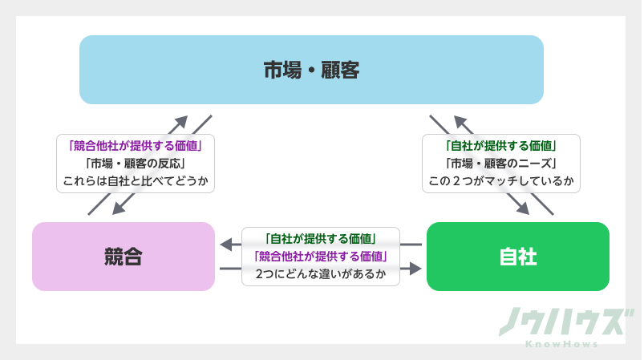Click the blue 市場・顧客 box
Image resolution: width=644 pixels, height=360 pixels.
click(311, 70)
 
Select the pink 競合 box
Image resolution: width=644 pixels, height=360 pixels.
click(124, 257)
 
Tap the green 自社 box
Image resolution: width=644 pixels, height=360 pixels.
click(517, 257)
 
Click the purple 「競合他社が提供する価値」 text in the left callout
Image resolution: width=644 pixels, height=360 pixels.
click(135, 147)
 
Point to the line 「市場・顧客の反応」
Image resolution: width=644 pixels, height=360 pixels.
click(135, 164)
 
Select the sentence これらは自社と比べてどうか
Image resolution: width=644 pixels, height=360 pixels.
click(135, 180)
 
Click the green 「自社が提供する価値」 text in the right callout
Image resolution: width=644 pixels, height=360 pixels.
click(501, 147)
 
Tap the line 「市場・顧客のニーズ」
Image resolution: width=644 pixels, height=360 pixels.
click(501, 164)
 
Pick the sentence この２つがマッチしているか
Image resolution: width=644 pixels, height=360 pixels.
click(501, 180)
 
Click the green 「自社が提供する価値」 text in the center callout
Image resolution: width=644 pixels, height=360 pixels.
click(321, 239)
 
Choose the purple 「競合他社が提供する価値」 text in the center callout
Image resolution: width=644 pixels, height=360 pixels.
click(321, 257)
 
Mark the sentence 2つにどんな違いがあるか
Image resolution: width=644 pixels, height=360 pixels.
click(321, 274)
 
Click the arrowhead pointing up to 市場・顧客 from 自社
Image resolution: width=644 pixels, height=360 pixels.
click(460, 121)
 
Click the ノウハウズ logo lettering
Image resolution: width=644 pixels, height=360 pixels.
click(561, 322)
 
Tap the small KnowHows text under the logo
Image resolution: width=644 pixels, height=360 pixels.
click(561, 344)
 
